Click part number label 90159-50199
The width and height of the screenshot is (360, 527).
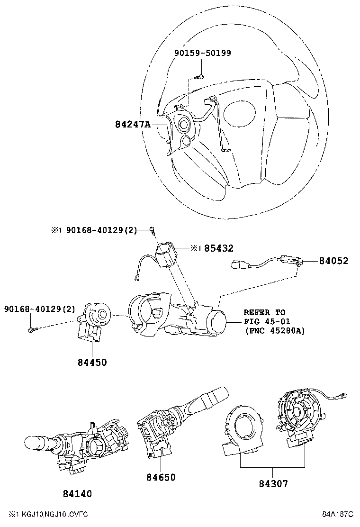(203, 53)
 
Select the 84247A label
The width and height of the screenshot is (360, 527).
(132, 125)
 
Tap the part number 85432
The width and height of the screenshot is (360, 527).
(219, 248)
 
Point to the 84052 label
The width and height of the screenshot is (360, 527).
(333, 261)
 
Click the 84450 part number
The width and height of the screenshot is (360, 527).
(92, 363)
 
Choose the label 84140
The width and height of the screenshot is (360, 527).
(77, 493)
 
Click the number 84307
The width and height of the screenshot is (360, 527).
(273, 483)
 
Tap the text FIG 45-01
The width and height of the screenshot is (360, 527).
(265, 321)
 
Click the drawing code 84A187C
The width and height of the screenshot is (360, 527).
(338, 514)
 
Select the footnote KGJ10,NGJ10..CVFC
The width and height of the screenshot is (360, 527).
(52, 514)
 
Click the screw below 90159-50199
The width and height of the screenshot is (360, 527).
(200, 77)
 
